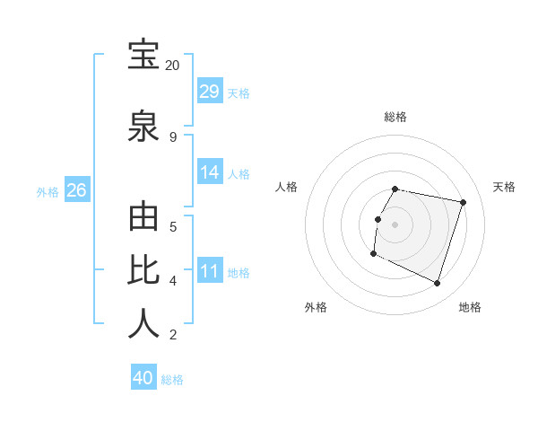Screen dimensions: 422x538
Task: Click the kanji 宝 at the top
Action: [x=143, y=55]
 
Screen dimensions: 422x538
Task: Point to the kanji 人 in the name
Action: [x=143, y=324]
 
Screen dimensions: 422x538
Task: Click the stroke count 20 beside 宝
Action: [x=172, y=66]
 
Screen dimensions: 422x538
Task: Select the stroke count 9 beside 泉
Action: [x=172, y=136]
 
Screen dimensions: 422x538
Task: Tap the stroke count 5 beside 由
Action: [x=172, y=226]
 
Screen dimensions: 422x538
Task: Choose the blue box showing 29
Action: [x=210, y=92]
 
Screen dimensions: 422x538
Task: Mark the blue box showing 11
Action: [x=210, y=270]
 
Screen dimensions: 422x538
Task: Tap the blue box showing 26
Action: [x=76, y=189]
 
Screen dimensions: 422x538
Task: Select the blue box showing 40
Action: [x=143, y=378]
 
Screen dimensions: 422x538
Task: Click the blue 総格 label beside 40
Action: [x=172, y=380]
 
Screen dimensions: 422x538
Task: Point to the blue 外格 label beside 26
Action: [x=48, y=191]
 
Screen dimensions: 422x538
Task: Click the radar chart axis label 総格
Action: [x=395, y=117]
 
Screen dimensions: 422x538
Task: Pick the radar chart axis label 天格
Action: [x=504, y=187]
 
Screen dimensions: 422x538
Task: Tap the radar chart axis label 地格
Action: [x=470, y=307]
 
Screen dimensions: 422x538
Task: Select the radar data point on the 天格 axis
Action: [x=463, y=203]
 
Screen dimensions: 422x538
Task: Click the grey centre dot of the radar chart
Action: [x=395, y=224]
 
